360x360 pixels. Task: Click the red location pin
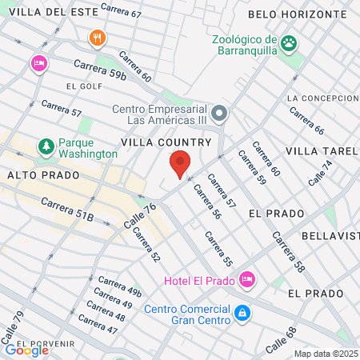coord(180,163)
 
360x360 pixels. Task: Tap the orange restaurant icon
coord(97,38)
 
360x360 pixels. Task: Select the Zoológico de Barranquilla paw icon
coord(289,42)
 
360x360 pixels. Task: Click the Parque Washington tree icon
coord(46,147)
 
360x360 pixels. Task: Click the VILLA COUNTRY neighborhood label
coord(166,142)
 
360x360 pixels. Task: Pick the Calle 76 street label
coord(139,217)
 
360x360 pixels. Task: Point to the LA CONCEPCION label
coord(322,98)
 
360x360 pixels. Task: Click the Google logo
coord(26,350)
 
